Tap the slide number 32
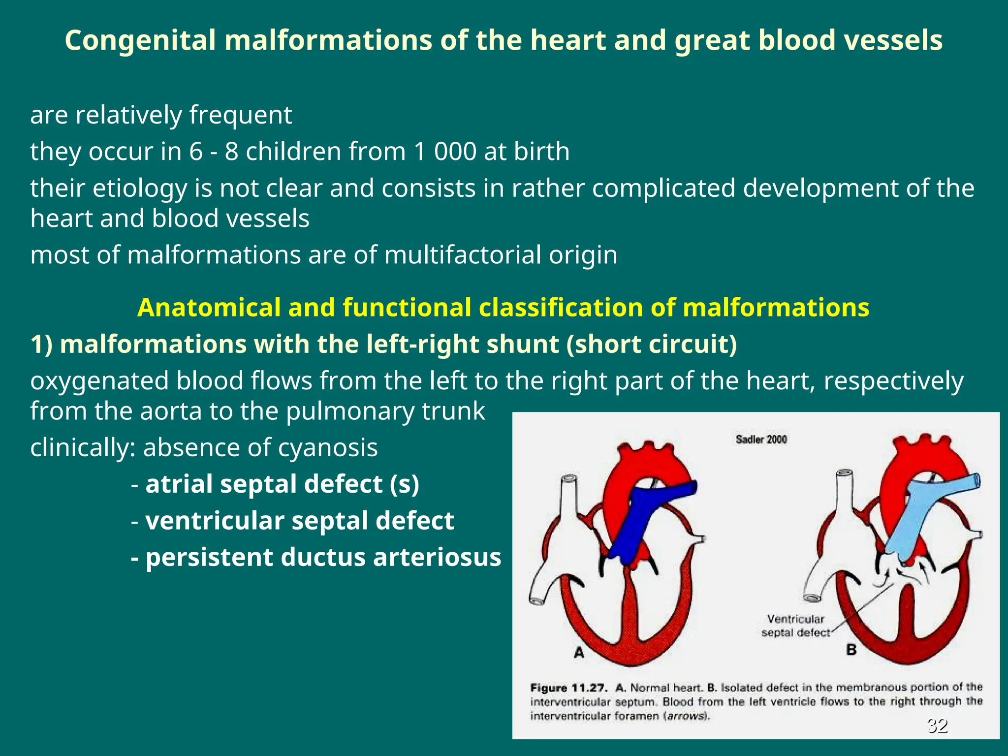tap(937, 725)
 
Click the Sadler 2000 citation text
tap(761, 440)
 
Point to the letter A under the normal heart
tap(579, 653)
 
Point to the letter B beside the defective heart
tap(851, 650)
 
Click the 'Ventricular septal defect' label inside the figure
tap(795, 626)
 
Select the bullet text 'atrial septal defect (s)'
tap(282, 484)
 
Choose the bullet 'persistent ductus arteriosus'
tap(323, 557)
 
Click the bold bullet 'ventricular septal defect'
tap(300, 521)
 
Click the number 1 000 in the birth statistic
tap(445, 151)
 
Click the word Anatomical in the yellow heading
tap(208, 308)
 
